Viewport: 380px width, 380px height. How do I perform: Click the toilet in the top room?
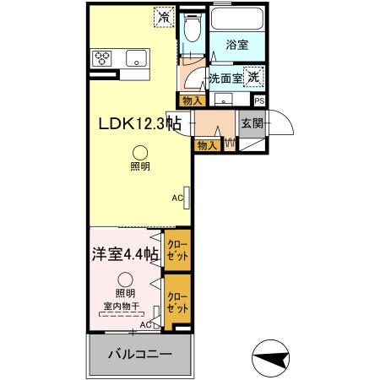coord(193,26)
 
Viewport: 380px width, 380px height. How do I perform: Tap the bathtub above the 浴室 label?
coord(237,19)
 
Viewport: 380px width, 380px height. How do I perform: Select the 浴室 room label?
coord(237,45)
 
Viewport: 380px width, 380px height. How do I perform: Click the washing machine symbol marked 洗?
coord(253,77)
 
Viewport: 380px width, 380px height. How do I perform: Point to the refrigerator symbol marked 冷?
coord(164,18)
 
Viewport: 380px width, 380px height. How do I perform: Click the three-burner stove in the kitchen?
coord(101,58)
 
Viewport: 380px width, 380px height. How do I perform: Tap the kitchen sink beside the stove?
coord(136,58)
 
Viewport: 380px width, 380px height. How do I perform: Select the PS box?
coord(259,100)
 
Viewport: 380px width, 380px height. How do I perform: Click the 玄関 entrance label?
coord(252,123)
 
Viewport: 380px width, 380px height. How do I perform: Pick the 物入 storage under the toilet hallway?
coord(193,100)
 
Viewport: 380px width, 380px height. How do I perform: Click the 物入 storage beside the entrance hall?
coord(207,145)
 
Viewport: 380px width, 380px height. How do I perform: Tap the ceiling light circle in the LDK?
coord(140,153)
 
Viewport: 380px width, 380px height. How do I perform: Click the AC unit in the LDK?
coord(187,198)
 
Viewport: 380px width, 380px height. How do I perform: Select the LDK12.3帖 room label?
coord(139,123)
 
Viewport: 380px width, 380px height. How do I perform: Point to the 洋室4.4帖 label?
coord(125,254)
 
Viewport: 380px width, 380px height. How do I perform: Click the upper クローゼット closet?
coord(177,250)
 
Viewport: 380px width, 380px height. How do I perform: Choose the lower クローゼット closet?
coord(177,301)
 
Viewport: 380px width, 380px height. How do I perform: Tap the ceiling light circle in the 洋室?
coord(125,280)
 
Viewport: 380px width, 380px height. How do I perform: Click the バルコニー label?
coord(140,354)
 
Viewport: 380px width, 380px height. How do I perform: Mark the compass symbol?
coord(270,358)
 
